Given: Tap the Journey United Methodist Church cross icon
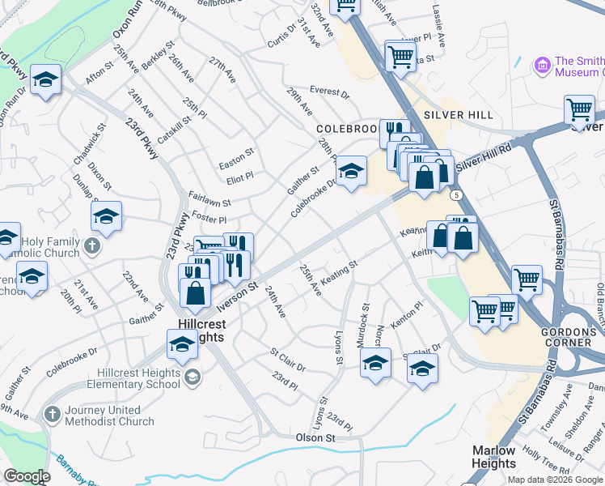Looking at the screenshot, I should [51, 415].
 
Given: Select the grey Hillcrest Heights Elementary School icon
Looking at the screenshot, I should [192, 376].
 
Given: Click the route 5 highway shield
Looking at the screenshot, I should [457, 195].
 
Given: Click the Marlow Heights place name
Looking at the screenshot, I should [493, 457].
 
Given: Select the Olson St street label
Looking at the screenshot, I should [315, 437].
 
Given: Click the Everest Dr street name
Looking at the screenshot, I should [329, 93].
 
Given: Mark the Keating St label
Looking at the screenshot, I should [339, 271].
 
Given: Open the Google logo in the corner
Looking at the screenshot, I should [27, 476].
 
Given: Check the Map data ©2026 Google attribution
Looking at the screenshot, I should [554, 479].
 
